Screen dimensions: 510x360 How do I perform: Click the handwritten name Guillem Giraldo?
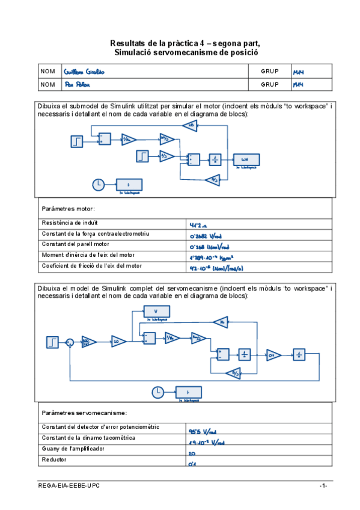[x=84, y=72]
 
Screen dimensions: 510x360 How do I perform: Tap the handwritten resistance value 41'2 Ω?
[x=198, y=225]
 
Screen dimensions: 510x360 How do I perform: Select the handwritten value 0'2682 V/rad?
[x=208, y=236]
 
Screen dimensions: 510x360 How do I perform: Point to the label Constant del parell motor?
[x=76, y=244]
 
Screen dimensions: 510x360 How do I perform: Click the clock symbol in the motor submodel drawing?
[x=98, y=183]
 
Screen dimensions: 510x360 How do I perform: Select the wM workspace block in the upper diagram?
[x=245, y=159]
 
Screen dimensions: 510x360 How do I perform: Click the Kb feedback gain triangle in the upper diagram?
[x=191, y=125]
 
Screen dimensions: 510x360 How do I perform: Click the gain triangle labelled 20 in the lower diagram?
[x=118, y=342]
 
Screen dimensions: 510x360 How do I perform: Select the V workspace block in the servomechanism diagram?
[x=156, y=311]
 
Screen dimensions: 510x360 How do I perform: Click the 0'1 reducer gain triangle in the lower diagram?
[x=273, y=354]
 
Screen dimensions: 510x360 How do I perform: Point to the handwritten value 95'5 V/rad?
[x=202, y=431]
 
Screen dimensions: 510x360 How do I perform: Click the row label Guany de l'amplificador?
[x=75, y=449]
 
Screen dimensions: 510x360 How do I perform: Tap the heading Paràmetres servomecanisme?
[x=84, y=413]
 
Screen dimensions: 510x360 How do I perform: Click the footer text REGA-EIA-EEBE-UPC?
[x=68, y=485]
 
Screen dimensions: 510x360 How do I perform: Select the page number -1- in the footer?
[x=323, y=485]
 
